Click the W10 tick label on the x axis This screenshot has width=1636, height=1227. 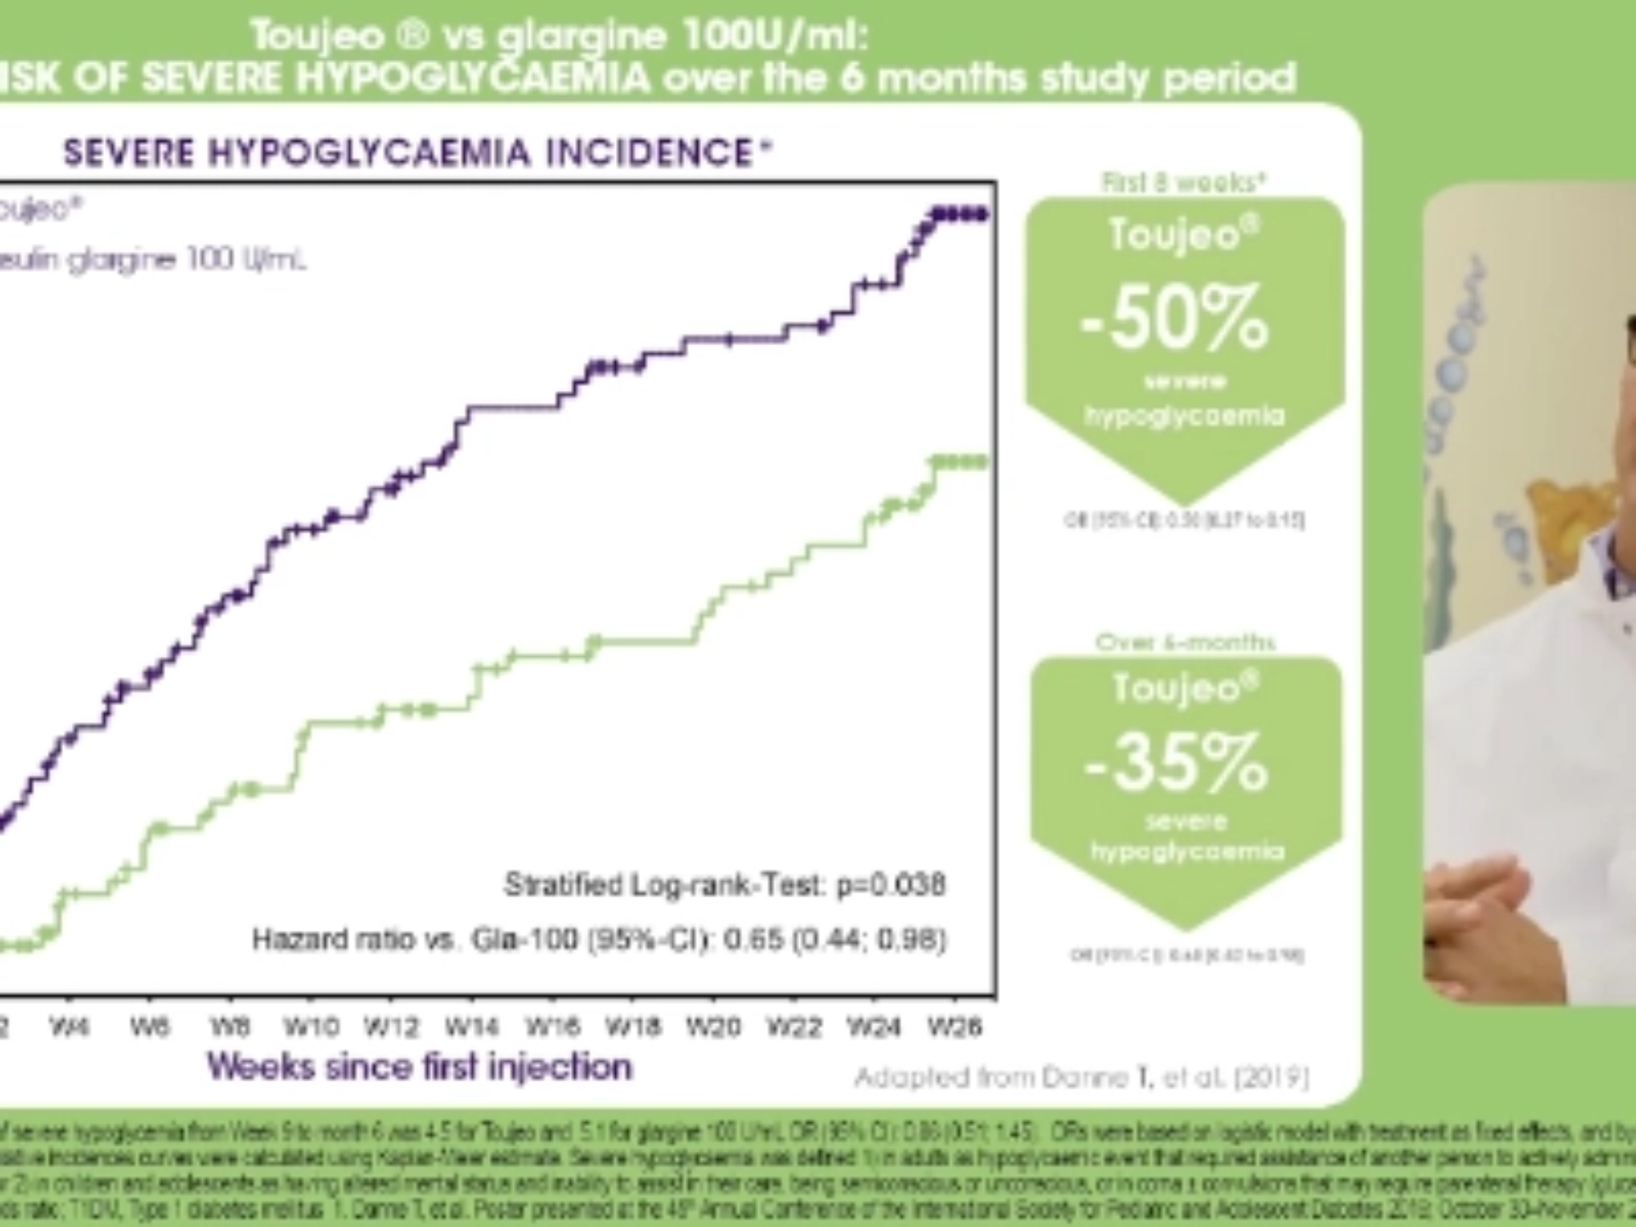coord(311,1027)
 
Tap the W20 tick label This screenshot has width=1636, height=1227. coord(713,1027)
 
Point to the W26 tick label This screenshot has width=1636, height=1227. coord(954,1027)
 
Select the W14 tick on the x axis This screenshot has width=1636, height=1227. coord(471,1027)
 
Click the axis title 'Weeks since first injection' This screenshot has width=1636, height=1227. coord(419,1067)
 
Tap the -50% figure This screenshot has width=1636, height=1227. coord(1174,317)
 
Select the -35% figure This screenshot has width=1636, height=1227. coord(1176,761)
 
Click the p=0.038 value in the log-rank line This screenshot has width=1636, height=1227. coord(890,884)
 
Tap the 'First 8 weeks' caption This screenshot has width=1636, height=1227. coord(1184,181)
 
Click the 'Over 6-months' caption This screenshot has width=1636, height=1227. coord(1184,642)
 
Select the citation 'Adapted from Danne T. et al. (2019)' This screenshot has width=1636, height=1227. coord(1080,1078)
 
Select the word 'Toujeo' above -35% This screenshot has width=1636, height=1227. coord(1183,687)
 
